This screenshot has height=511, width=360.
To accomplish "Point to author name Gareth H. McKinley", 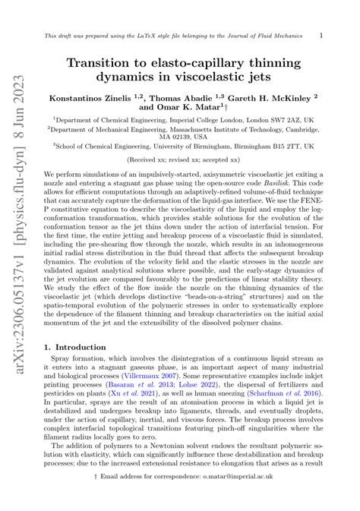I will pos(270,99).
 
